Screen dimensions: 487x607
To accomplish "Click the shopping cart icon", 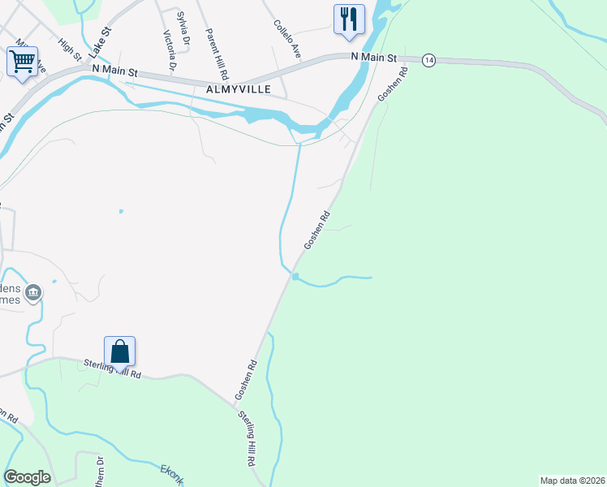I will click(x=23, y=61).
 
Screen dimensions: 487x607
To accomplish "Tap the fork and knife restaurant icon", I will click(x=349, y=19).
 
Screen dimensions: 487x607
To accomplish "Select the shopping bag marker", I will click(x=119, y=351).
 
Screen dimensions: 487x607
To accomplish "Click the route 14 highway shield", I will click(x=429, y=60).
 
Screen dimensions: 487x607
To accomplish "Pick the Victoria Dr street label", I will click(x=169, y=50).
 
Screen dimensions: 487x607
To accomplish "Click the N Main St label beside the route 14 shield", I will click(x=374, y=58).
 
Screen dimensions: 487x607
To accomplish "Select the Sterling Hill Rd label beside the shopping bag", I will click(x=113, y=369).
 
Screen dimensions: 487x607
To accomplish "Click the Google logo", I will click(x=27, y=477).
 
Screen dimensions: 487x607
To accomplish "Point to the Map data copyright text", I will click(x=572, y=481).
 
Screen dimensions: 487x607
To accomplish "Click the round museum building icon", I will click(x=33, y=292).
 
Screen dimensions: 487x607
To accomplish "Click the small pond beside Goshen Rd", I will click(x=296, y=278).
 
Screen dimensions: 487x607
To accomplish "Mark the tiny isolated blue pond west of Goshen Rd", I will click(x=120, y=211).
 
